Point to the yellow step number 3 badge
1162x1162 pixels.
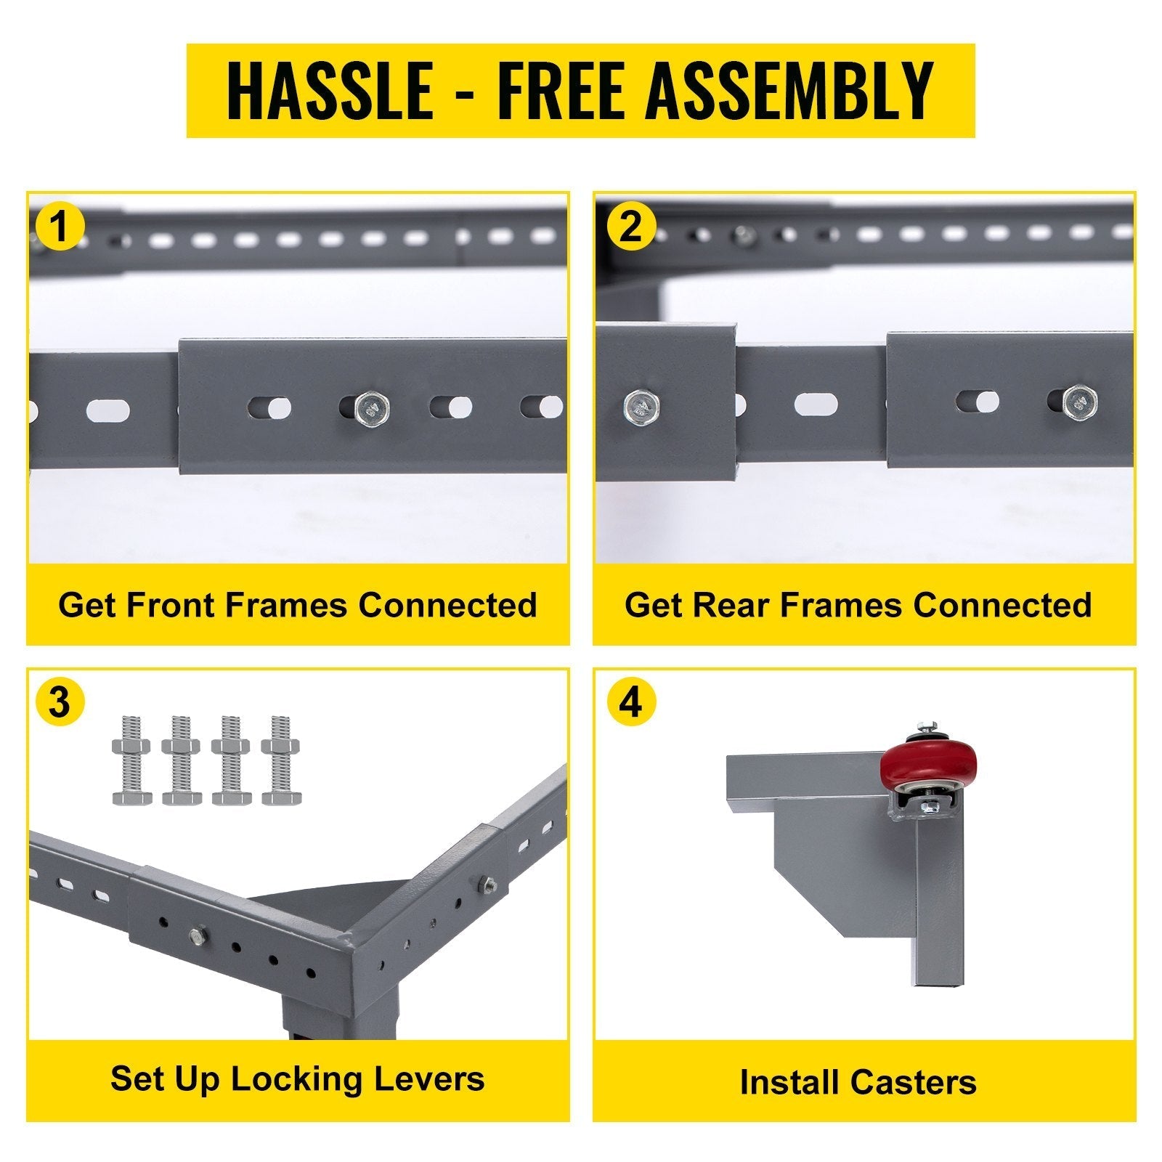click(x=60, y=703)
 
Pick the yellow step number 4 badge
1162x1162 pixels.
click(x=630, y=703)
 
